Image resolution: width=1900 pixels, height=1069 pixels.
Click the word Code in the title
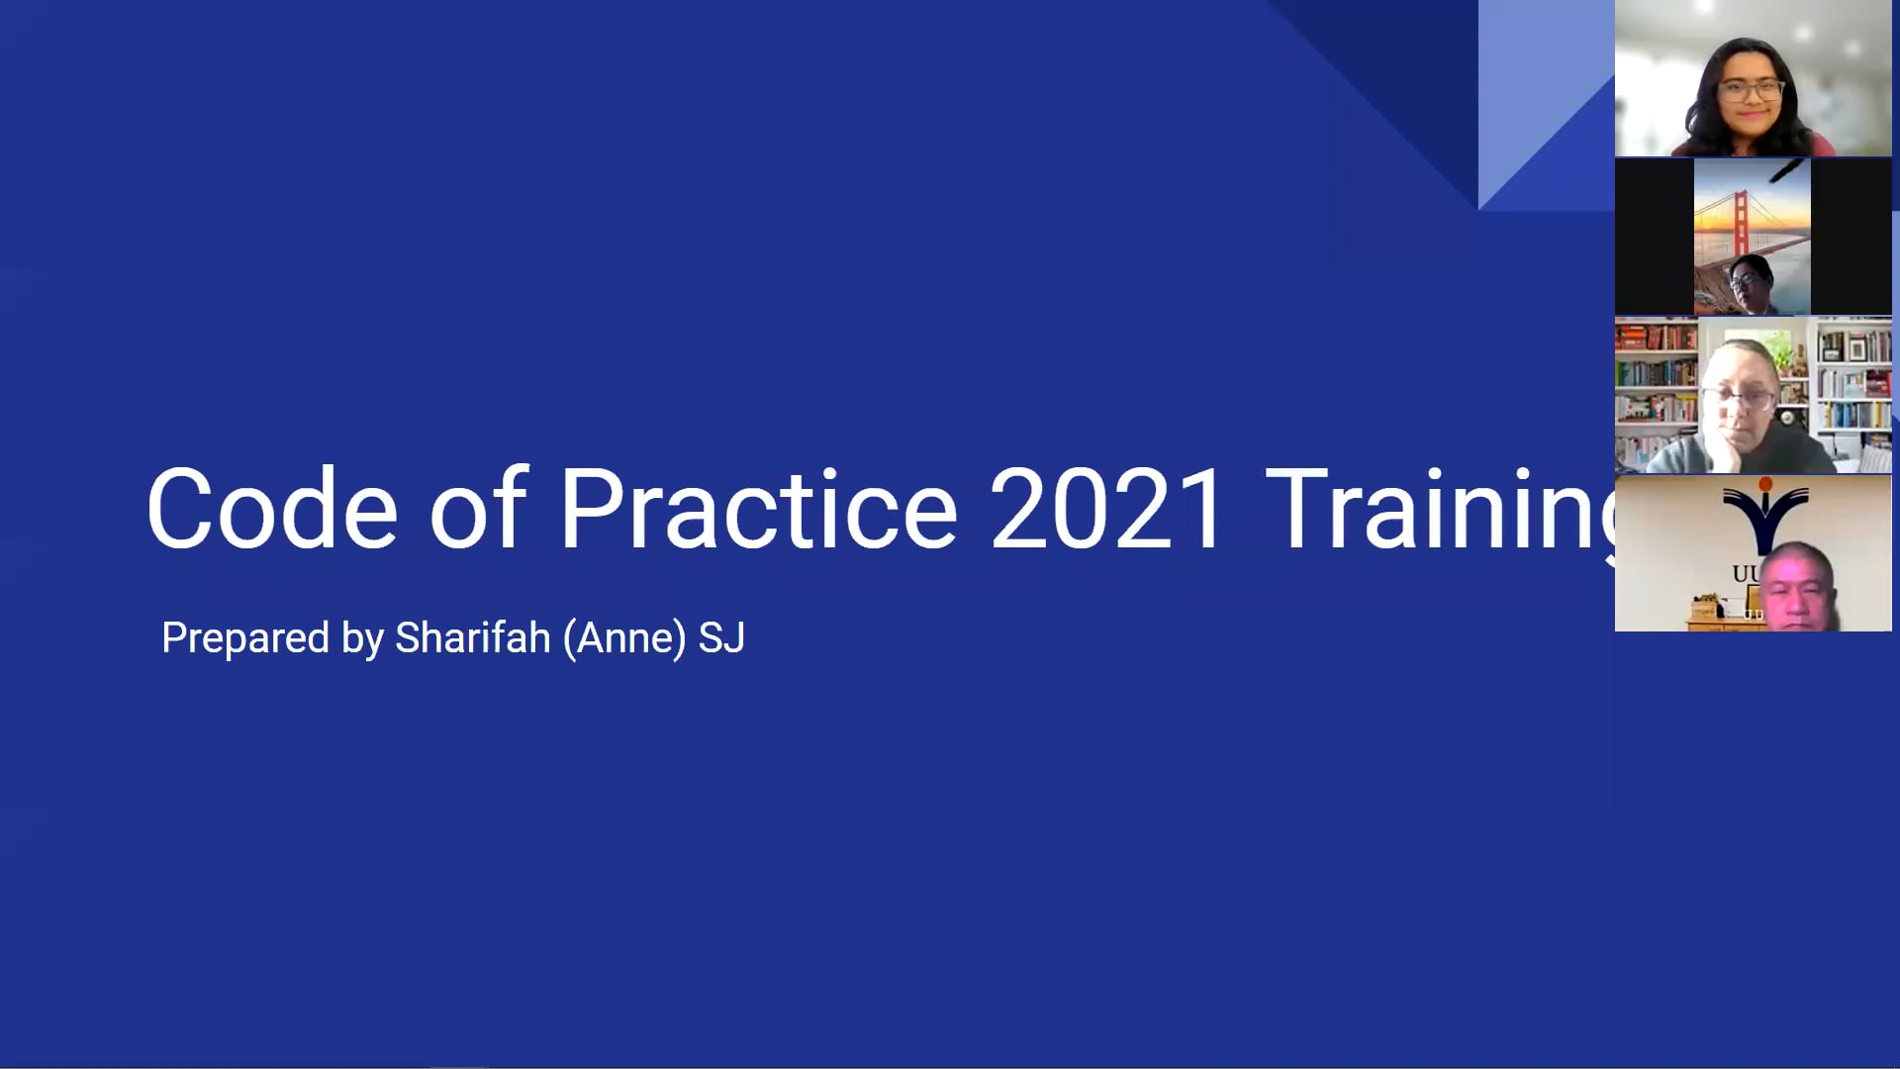tap(272, 510)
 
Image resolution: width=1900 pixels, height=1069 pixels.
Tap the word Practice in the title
tap(758, 510)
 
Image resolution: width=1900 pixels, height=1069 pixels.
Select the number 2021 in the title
tap(1107, 510)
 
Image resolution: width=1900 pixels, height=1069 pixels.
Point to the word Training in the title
tap(1440, 510)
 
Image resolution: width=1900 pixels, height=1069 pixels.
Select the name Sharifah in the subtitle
tap(472, 638)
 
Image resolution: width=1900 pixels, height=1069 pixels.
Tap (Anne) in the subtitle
tap(624, 638)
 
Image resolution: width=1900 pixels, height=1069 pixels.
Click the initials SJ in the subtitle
tap(721, 638)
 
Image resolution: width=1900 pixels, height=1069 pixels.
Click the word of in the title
tap(478, 510)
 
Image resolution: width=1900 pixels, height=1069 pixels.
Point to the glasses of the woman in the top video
tap(1750, 91)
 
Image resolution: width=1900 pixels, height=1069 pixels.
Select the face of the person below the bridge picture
tap(1748, 283)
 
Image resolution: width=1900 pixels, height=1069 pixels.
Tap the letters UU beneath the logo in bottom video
tap(1744, 574)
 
